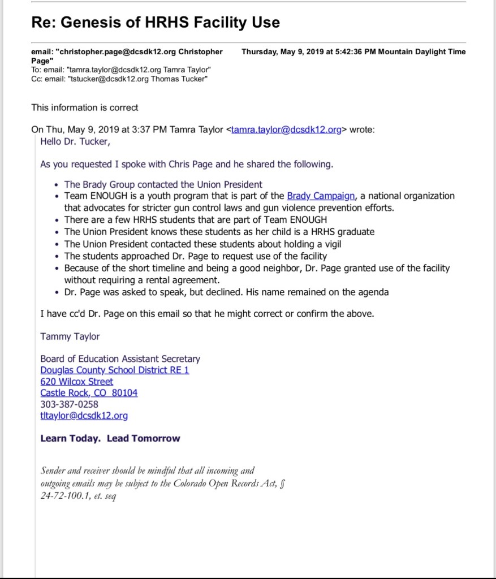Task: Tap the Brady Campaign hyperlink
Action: pos(321,196)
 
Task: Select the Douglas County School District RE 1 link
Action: pos(115,370)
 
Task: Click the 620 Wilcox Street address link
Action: pos(76,381)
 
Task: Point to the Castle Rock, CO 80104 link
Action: pos(89,392)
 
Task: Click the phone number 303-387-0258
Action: pos(69,404)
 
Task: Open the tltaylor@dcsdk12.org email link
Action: pos(84,416)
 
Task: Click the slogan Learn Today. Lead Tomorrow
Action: pos(110,438)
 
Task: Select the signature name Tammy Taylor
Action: pos(70,336)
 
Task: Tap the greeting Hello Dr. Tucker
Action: pos(75,141)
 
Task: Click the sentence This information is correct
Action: pos(85,107)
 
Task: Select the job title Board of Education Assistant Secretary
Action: pos(120,358)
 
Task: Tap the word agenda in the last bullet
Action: pos(373,292)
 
